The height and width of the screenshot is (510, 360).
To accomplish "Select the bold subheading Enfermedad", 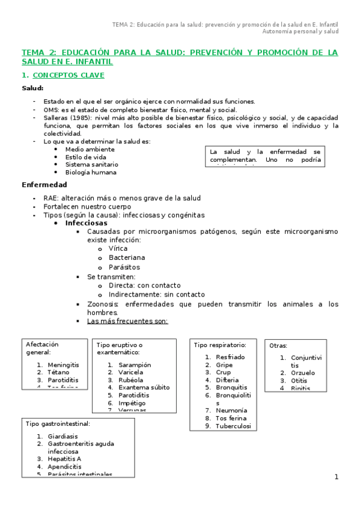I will click(x=44, y=185).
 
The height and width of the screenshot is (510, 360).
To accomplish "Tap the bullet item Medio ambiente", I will click(x=90, y=149).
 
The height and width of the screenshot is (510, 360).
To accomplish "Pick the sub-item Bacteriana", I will click(x=127, y=257).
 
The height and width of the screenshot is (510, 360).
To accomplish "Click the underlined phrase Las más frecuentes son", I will click(x=127, y=321).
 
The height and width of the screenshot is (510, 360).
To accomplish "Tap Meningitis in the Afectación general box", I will click(x=63, y=365).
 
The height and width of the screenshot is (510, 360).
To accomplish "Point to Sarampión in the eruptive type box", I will click(x=135, y=364).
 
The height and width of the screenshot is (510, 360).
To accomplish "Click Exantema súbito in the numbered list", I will click(x=144, y=387).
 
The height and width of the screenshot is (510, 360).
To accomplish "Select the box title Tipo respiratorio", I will click(x=219, y=345).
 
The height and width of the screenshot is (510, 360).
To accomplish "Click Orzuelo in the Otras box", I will click(x=303, y=373).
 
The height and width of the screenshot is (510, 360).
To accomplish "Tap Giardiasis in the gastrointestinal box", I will click(x=65, y=436).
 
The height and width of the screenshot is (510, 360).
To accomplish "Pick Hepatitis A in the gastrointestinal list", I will click(x=64, y=459).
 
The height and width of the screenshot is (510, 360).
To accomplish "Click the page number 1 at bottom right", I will click(x=337, y=477).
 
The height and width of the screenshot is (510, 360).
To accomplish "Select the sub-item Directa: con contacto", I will click(x=144, y=285).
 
